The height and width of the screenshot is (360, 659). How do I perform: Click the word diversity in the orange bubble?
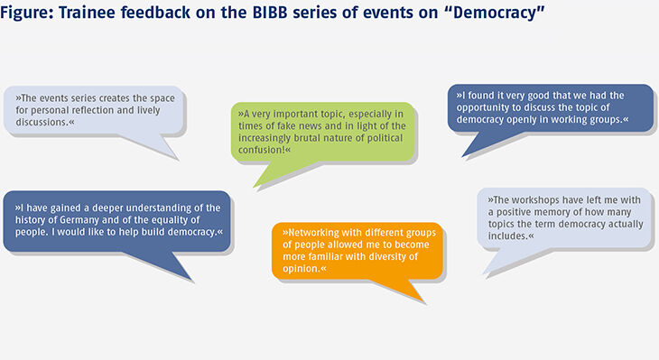coord(404,256)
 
